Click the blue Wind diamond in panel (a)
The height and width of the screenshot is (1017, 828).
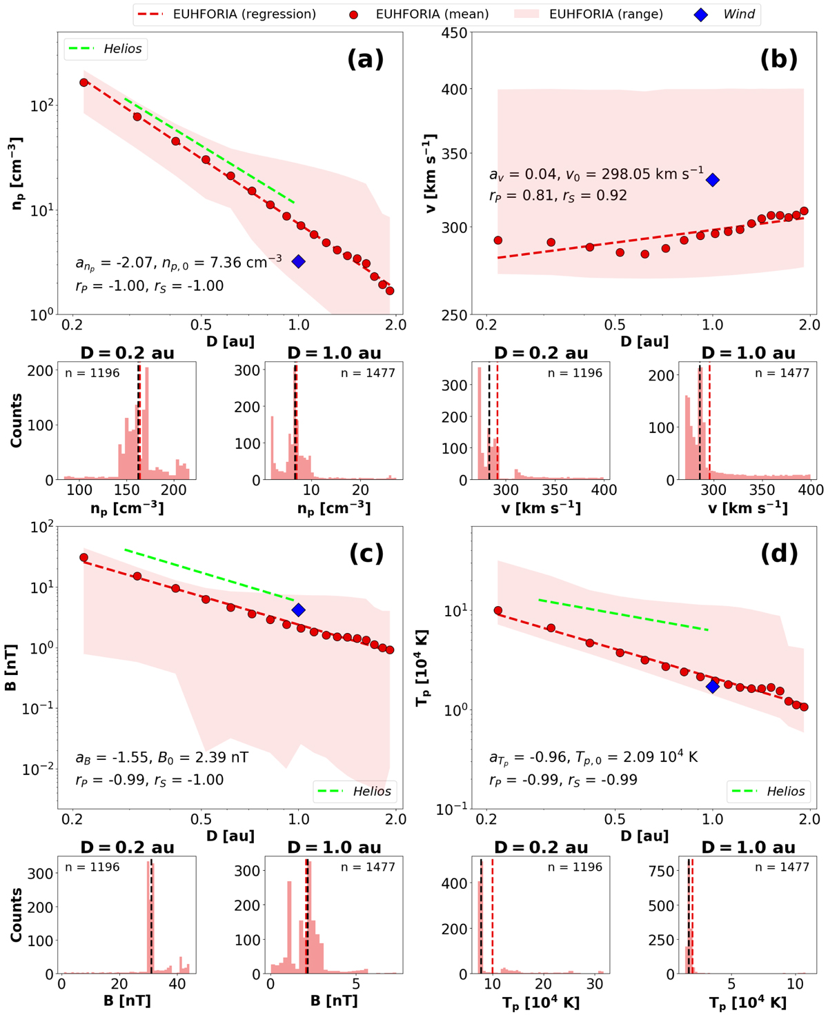[298, 261]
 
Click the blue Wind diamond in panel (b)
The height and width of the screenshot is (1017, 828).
[713, 180]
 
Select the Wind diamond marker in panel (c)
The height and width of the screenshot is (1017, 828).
[298, 610]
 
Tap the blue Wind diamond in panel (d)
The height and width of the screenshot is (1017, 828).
[713, 686]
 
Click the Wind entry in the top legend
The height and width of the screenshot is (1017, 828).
[738, 14]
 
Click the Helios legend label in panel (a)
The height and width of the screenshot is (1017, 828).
[122, 49]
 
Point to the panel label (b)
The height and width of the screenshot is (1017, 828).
[778, 59]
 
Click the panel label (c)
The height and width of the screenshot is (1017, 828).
[366, 553]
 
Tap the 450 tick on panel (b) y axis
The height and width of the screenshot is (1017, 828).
[453, 32]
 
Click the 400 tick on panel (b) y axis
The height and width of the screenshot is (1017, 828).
[453, 89]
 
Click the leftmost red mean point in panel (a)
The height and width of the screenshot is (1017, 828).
[84, 83]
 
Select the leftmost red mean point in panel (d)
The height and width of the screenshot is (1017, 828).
[498, 611]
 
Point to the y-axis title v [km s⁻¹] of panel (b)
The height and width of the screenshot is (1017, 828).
[432, 174]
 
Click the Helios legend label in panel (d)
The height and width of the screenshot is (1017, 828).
[785, 792]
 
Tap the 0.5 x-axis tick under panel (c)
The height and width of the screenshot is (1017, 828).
[201, 819]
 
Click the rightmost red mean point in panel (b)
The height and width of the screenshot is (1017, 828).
[803, 212]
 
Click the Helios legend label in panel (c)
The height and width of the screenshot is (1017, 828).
[371, 792]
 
